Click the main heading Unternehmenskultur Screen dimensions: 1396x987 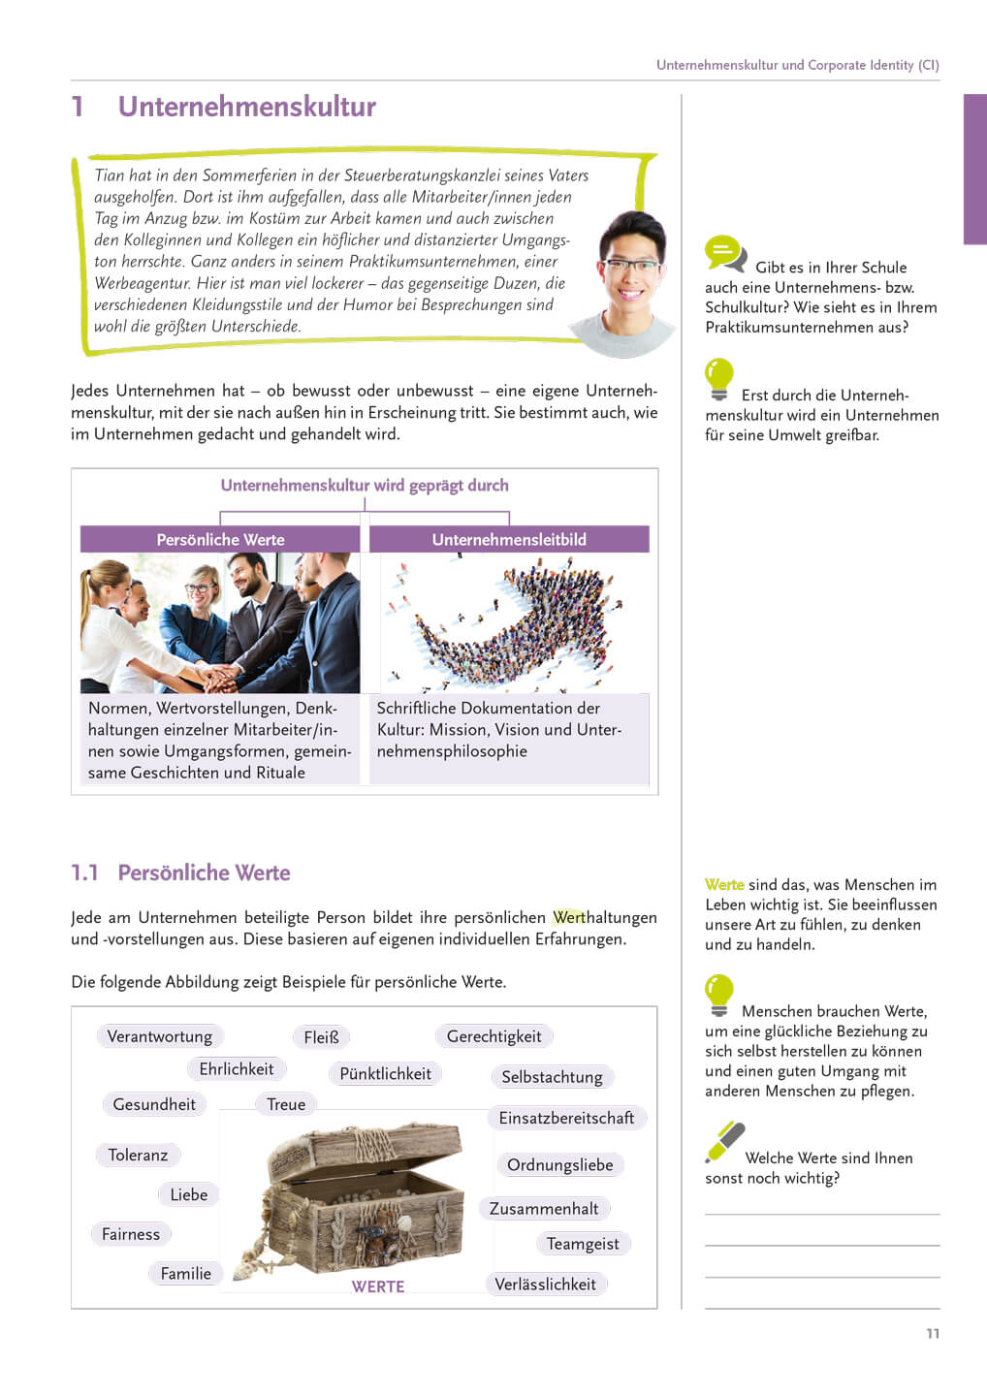[x=246, y=107]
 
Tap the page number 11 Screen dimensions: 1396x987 [x=933, y=1334]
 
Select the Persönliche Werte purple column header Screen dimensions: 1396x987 [x=220, y=540]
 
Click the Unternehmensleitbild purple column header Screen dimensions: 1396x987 [x=509, y=540]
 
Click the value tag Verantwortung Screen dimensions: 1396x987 [x=160, y=1036]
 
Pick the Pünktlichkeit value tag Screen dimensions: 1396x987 [x=385, y=1074]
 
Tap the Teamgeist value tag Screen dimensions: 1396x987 [x=582, y=1244]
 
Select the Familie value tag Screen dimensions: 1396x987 [x=185, y=1274]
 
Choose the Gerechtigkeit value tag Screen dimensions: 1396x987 [x=493, y=1036]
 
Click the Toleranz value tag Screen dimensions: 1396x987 [x=138, y=1155]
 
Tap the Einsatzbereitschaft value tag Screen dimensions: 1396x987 [x=566, y=1118]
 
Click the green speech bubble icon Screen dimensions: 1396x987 [x=725, y=253]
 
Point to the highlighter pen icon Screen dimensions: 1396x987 [x=725, y=1142]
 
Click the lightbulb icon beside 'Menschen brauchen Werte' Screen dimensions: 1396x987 [x=718, y=995]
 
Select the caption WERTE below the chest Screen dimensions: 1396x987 [x=378, y=1286]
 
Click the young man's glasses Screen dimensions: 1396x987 [x=629, y=265]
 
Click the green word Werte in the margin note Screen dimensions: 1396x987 [x=724, y=884]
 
